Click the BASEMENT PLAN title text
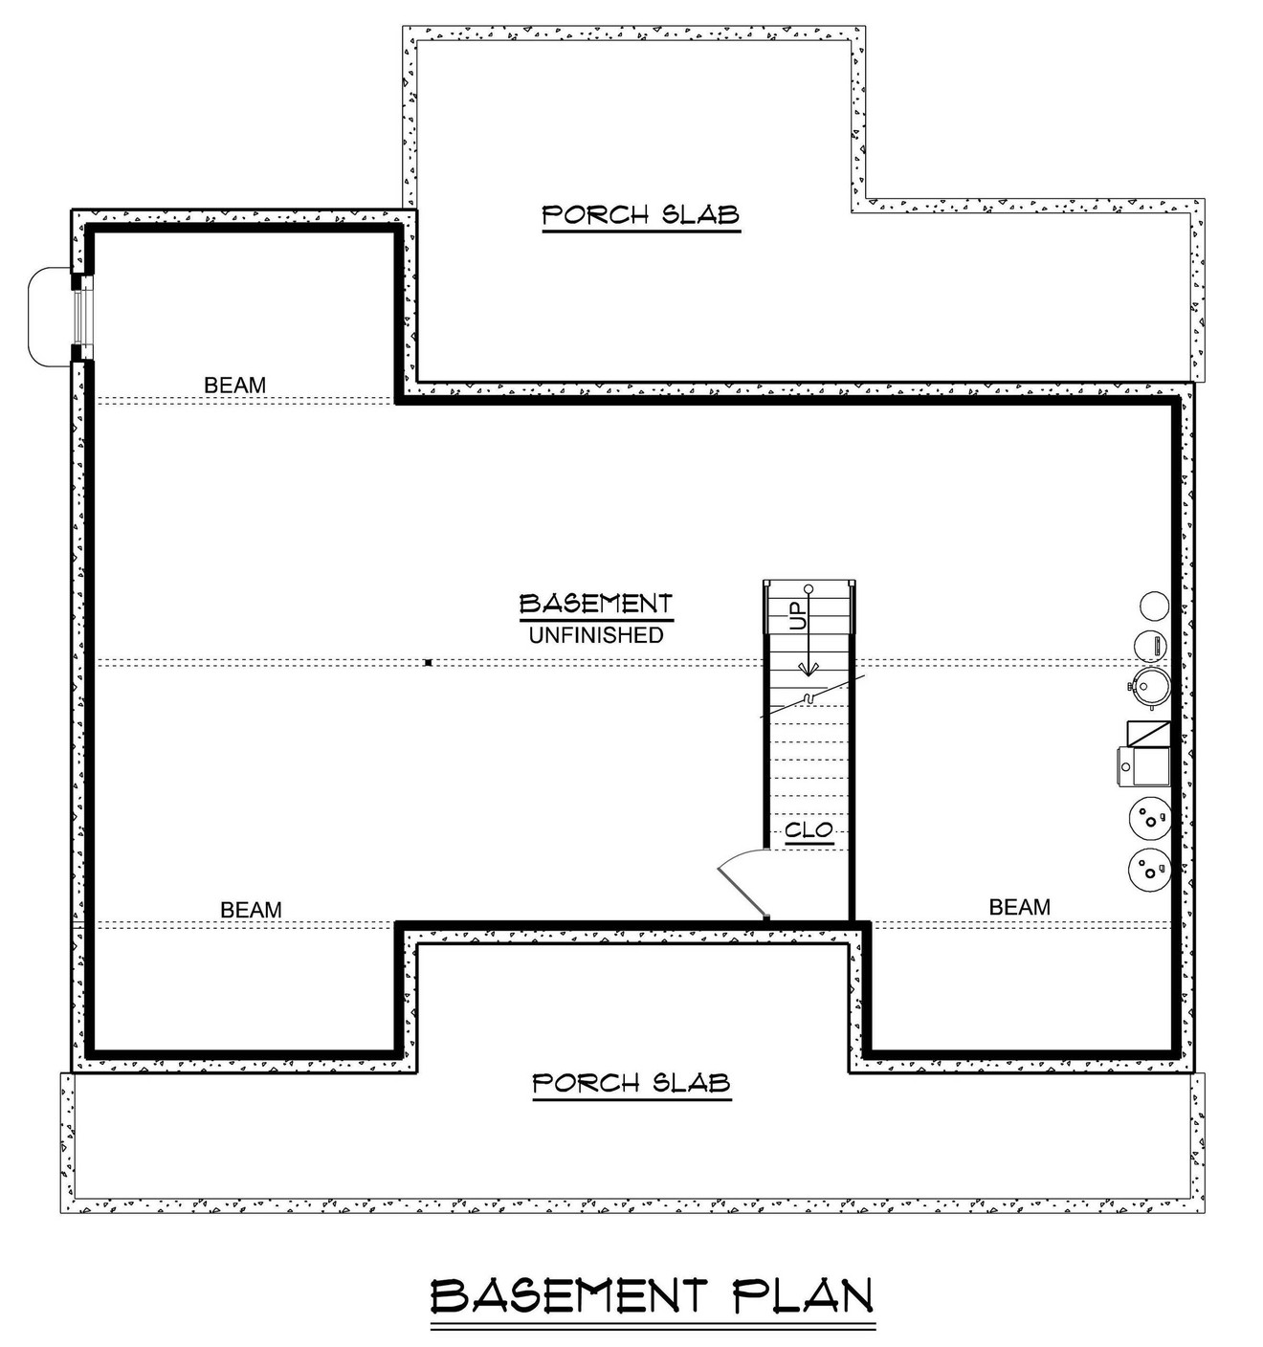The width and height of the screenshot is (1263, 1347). pyautogui.click(x=653, y=1296)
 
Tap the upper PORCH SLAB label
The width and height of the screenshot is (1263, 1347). pyautogui.click(x=640, y=214)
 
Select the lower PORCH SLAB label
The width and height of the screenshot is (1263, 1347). pyautogui.click(x=631, y=1083)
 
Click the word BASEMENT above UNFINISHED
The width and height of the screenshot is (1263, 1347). pyautogui.click(x=595, y=604)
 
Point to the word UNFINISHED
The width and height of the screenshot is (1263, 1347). pyautogui.click(x=596, y=635)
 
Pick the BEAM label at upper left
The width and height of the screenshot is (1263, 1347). pyautogui.click(x=234, y=385)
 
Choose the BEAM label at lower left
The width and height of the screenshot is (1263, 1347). pyautogui.click(x=251, y=909)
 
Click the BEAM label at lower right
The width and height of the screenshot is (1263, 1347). pyautogui.click(x=1019, y=906)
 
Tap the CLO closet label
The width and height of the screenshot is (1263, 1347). pyautogui.click(x=809, y=830)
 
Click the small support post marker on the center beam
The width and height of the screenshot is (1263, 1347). pyautogui.click(x=429, y=662)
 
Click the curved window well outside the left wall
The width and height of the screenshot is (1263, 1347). pyautogui.click(x=46, y=317)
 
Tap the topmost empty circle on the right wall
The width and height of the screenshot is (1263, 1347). pyautogui.click(x=1153, y=606)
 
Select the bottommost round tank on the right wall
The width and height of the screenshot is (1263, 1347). pyautogui.click(x=1148, y=868)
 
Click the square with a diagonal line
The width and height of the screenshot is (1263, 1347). pyautogui.click(x=1148, y=734)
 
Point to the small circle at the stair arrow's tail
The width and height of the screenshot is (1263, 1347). pyautogui.click(x=809, y=587)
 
